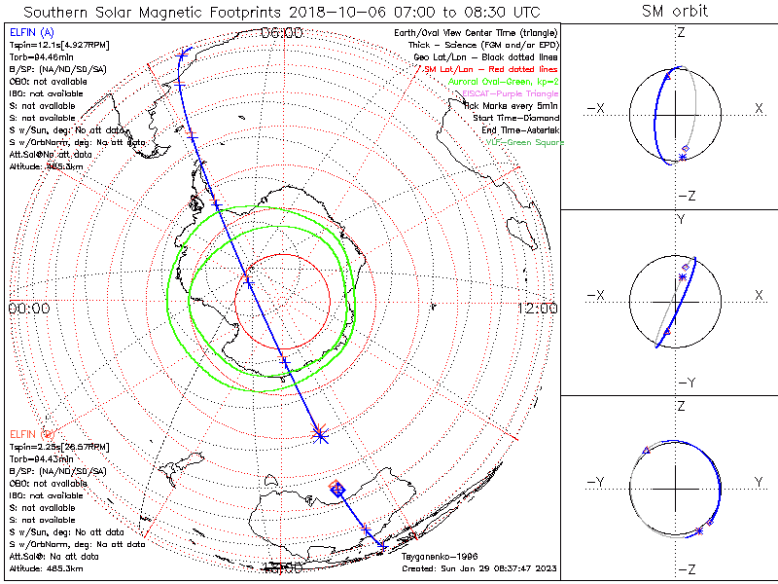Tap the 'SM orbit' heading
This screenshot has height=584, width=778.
point(675,12)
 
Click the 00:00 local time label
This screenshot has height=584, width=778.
point(28,308)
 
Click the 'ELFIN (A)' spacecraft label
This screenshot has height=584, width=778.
point(30,33)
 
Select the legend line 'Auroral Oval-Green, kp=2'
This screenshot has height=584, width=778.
point(503,82)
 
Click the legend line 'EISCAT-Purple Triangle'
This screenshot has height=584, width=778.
point(509,93)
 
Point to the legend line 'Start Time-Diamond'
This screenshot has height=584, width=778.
point(515,118)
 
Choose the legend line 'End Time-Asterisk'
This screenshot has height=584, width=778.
point(519,129)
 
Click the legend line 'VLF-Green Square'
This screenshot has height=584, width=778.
point(524,142)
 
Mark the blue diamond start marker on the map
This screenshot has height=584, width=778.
point(337,489)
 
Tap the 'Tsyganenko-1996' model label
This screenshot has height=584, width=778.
point(434,557)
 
